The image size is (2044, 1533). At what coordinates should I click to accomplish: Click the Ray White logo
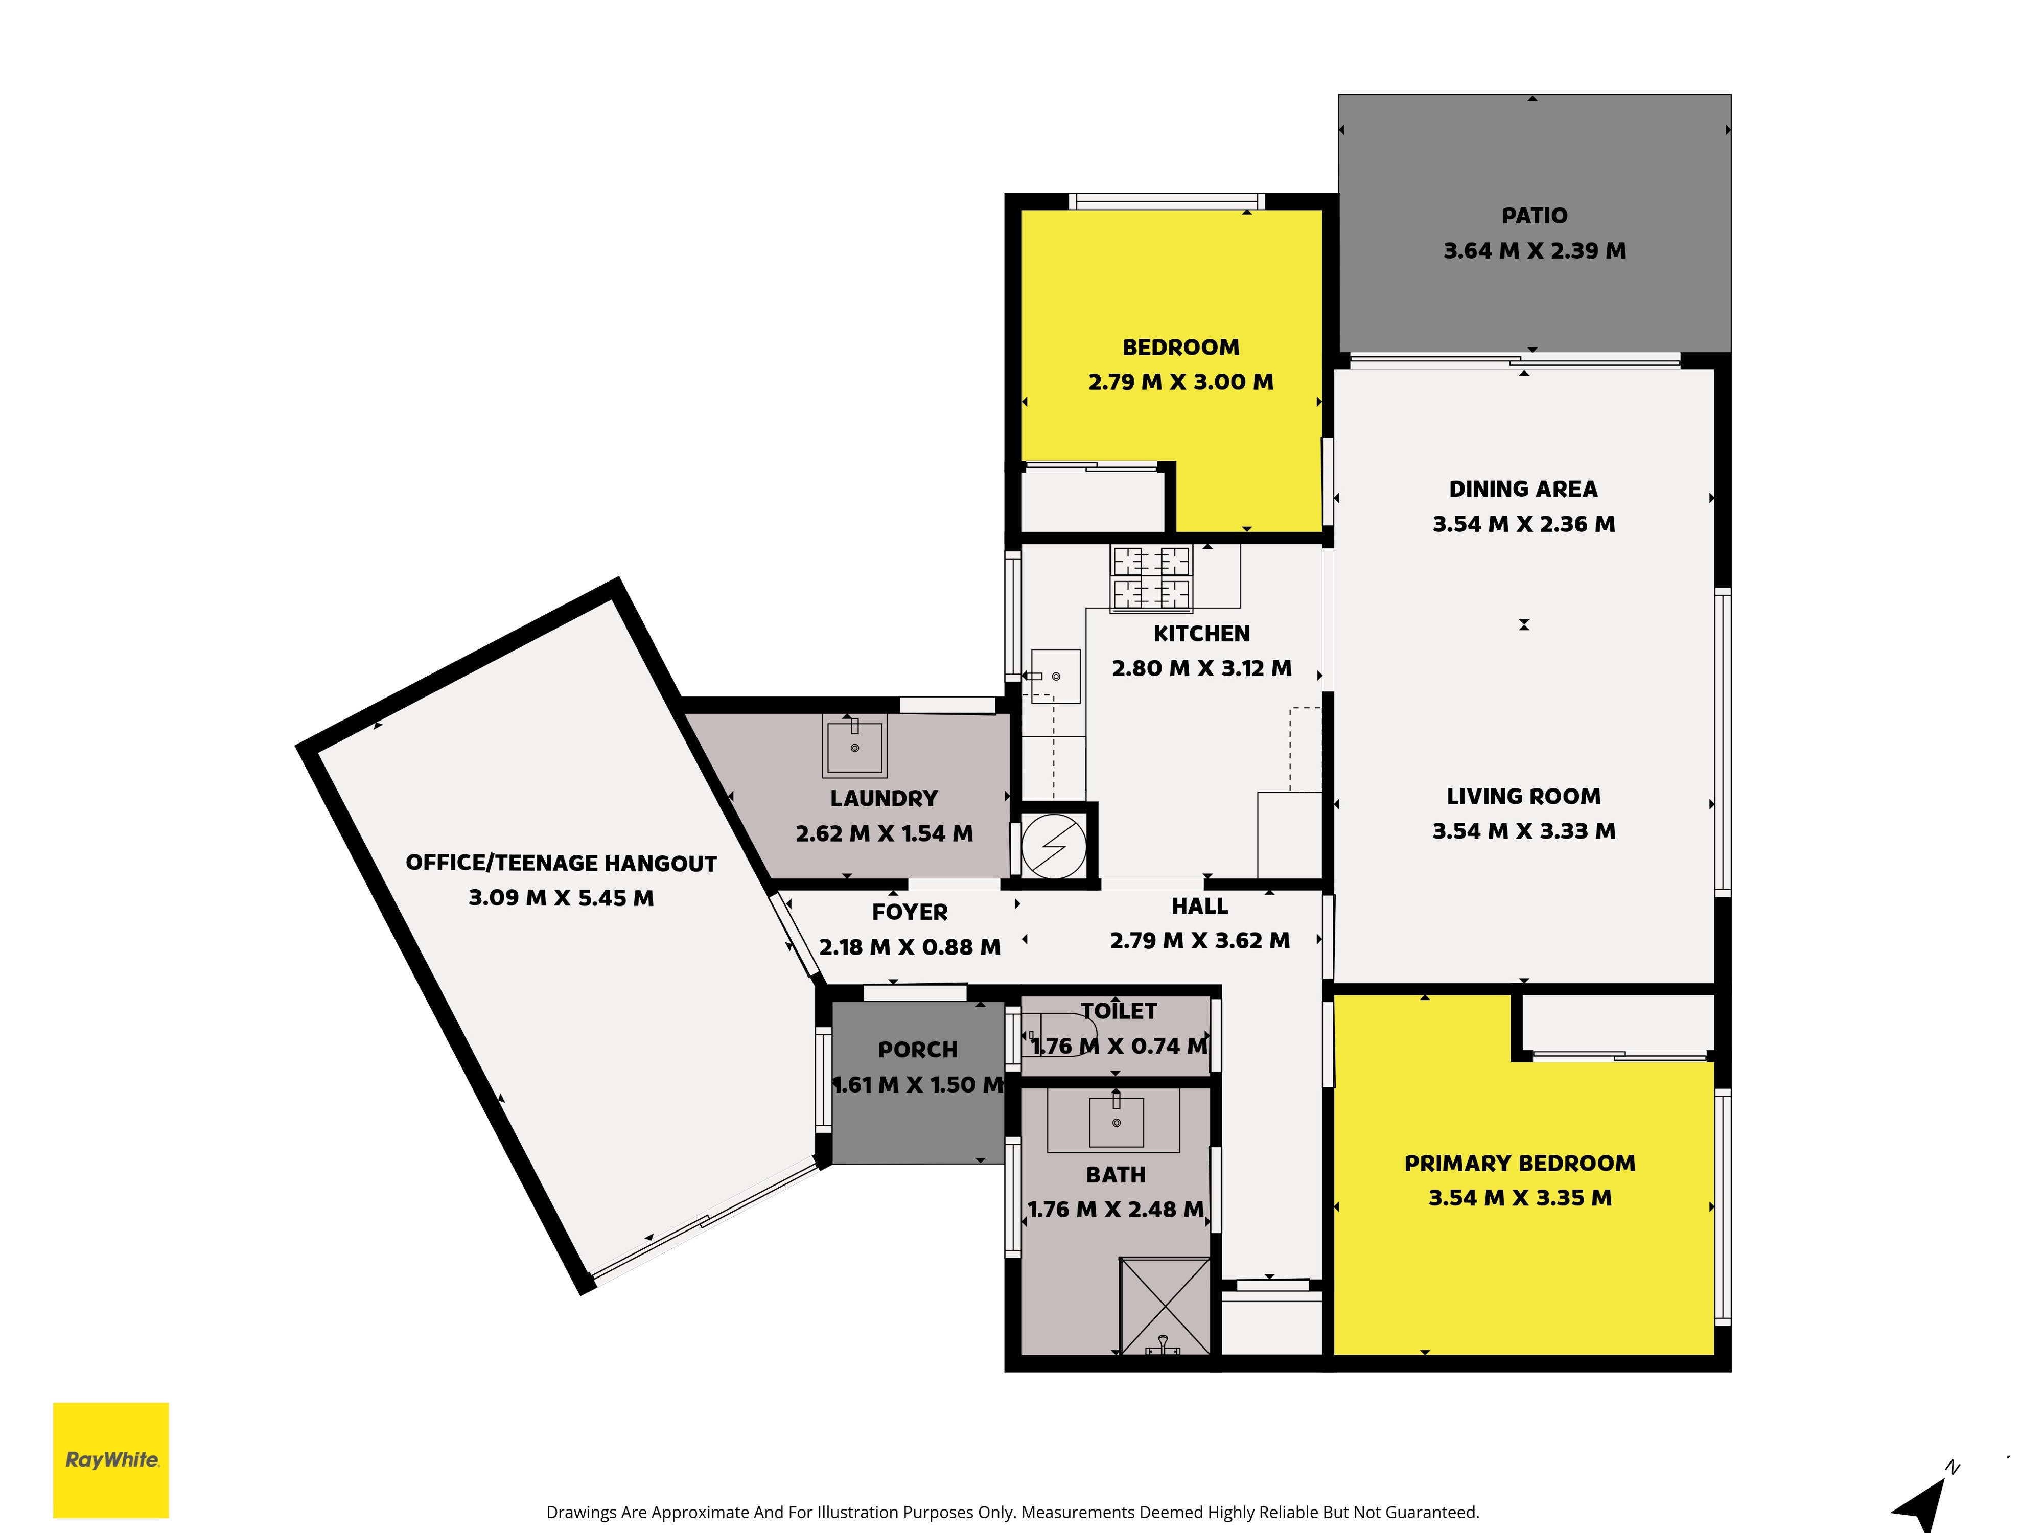click(111, 1460)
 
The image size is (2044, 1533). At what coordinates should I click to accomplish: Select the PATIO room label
click(1534, 215)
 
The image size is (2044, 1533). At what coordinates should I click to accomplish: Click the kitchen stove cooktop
click(1151, 578)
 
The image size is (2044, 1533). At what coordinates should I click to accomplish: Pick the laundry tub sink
click(855, 745)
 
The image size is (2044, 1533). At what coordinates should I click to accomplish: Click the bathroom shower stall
click(1164, 1306)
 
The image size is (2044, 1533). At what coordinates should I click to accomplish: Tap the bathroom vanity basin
click(1116, 1121)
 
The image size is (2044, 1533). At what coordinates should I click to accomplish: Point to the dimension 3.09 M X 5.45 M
click(561, 898)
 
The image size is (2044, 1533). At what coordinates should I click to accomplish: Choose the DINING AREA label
click(1523, 489)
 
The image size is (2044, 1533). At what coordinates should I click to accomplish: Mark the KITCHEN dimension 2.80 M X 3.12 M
click(1201, 668)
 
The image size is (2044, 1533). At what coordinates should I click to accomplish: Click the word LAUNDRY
click(884, 798)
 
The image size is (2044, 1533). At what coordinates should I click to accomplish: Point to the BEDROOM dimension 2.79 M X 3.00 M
click(1181, 382)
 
